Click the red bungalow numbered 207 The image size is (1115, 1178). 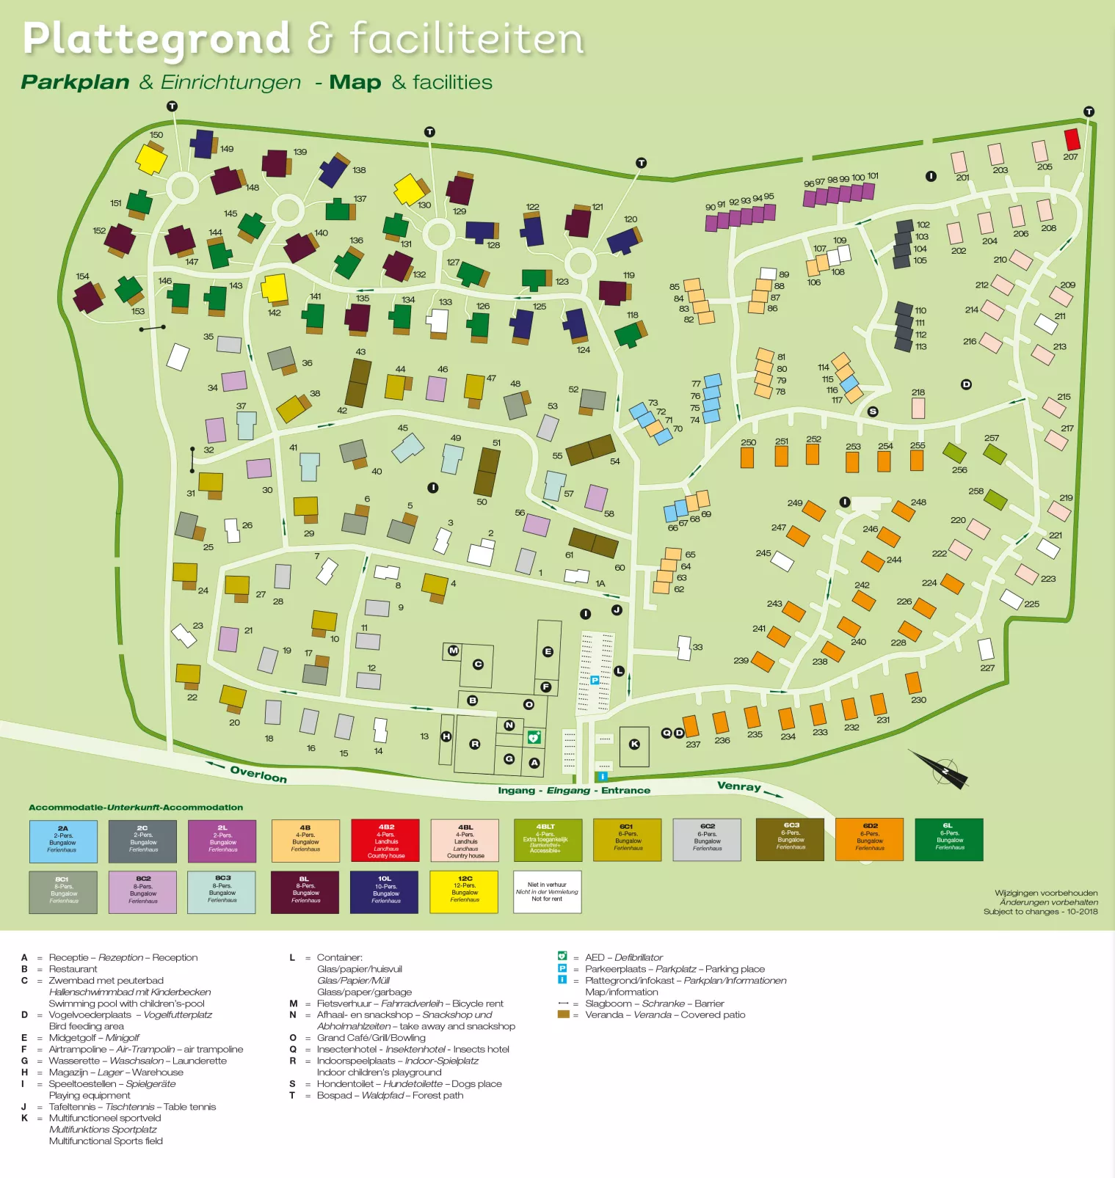1072,139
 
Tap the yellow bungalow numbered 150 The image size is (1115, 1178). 150,158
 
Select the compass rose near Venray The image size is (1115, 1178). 943,769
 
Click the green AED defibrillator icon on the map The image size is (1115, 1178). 534,736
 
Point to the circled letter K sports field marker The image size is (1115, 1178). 634,744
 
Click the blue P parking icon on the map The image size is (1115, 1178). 595,680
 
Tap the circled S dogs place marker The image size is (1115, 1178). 872,411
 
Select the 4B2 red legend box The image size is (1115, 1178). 385,840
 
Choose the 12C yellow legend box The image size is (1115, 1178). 465,891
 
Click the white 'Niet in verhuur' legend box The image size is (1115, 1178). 547,891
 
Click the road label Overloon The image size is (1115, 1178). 258,774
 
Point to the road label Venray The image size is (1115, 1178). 738,786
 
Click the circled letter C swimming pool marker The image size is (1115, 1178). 478,664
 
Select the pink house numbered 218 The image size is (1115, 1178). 918,409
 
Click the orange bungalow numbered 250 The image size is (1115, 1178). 747,457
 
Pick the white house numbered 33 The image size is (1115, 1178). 684,648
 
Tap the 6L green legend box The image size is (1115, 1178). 948,839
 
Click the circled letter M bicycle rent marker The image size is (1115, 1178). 453,650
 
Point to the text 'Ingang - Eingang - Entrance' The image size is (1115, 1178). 574,790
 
